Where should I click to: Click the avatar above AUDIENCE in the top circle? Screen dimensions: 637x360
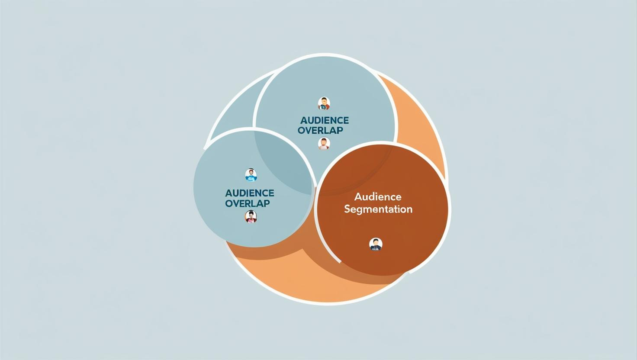pos(324,103)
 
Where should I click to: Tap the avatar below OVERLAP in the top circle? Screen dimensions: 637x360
pos(324,144)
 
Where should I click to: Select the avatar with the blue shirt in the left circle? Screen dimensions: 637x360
pos(251,175)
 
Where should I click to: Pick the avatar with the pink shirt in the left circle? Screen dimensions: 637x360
pos(251,217)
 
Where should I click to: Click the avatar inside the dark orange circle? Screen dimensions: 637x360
pos(376,244)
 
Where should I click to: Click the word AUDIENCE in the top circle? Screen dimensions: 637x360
pos(325,120)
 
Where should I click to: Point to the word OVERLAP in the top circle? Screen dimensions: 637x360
pos(320,131)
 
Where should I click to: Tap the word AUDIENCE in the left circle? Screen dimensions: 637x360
pos(250,193)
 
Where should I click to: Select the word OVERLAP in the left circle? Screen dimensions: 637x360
pos(248,204)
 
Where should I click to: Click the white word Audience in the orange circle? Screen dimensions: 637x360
pos(378,196)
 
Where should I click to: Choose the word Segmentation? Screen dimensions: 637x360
pos(378,209)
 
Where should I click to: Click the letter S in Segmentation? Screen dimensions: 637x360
pos(347,209)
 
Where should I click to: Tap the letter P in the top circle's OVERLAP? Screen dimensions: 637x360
pos(339,131)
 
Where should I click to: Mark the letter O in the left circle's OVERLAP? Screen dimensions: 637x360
pos(229,204)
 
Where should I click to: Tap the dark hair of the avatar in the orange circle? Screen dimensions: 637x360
pos(376,241)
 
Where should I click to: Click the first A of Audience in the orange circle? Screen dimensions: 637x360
pos(358,196)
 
